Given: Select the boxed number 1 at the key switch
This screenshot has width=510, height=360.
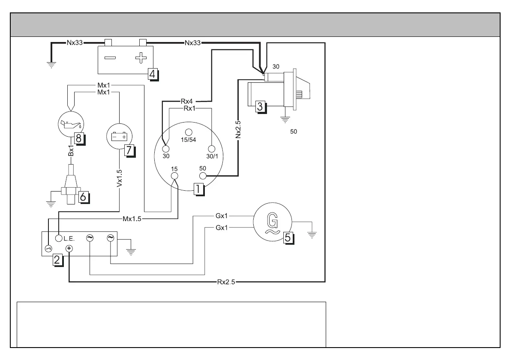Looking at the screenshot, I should (198, 189).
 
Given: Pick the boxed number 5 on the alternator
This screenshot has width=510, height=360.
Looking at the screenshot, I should (289, 237).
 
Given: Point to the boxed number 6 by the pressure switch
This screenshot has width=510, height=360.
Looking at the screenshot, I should (83, 196).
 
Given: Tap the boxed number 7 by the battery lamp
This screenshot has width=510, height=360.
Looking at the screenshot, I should (129, 150).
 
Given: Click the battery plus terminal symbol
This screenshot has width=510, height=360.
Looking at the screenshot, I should (140, 57).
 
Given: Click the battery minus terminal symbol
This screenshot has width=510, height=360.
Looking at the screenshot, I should (110, 57).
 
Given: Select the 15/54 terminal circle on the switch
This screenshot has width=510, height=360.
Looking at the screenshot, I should (188, 132).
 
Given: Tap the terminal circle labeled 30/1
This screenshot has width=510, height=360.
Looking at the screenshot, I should (210, 149).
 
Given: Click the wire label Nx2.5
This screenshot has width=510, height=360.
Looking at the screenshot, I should (238, 130).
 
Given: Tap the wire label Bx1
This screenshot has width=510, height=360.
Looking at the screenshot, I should (71, 152).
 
